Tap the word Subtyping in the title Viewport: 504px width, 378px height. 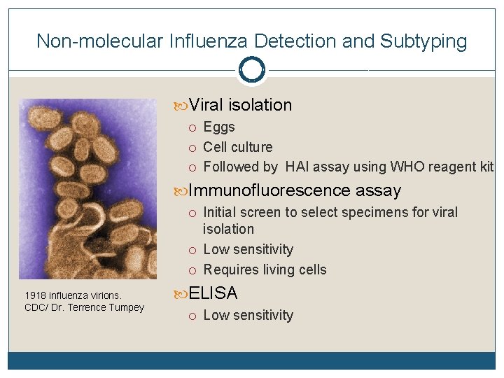(x=423, y=41)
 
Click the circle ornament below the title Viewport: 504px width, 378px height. (x=251, y=70)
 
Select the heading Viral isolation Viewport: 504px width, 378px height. (x=240, y=105)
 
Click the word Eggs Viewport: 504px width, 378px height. (x=219, y=127)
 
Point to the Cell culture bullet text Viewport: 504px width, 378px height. (x=237, y=147)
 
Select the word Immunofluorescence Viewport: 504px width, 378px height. (x=269, y=190)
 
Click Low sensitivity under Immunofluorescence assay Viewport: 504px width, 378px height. (x=248, y=249)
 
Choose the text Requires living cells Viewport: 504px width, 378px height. (x=265, y=269)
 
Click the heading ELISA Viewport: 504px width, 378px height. (x=213, y=293)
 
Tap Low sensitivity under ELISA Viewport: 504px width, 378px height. (x=248, y=315)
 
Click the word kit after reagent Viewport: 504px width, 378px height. (x=485, y=167)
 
